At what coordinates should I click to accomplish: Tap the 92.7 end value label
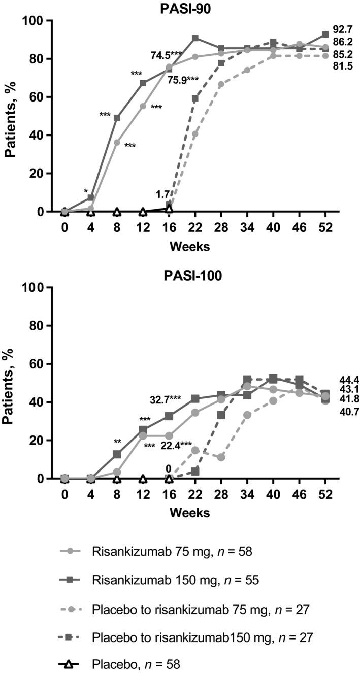click(x=343, y=29)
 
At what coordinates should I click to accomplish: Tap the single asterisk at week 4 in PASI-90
click(x=86, y=191)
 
